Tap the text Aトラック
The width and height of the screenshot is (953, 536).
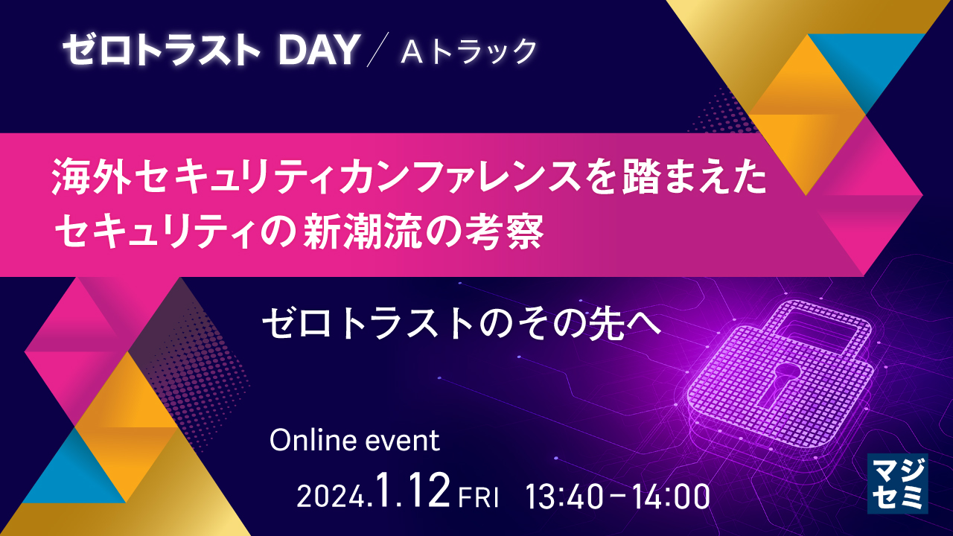[x=468, y=51]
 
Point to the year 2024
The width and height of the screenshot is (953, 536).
[x=331, y=497]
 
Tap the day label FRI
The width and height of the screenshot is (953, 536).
[x=478, y=498]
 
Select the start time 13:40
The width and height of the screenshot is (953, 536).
[x=564, y=496]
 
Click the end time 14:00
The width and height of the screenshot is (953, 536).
[x=671, y=496]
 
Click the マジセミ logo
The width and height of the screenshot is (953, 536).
[x=897, y=483]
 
